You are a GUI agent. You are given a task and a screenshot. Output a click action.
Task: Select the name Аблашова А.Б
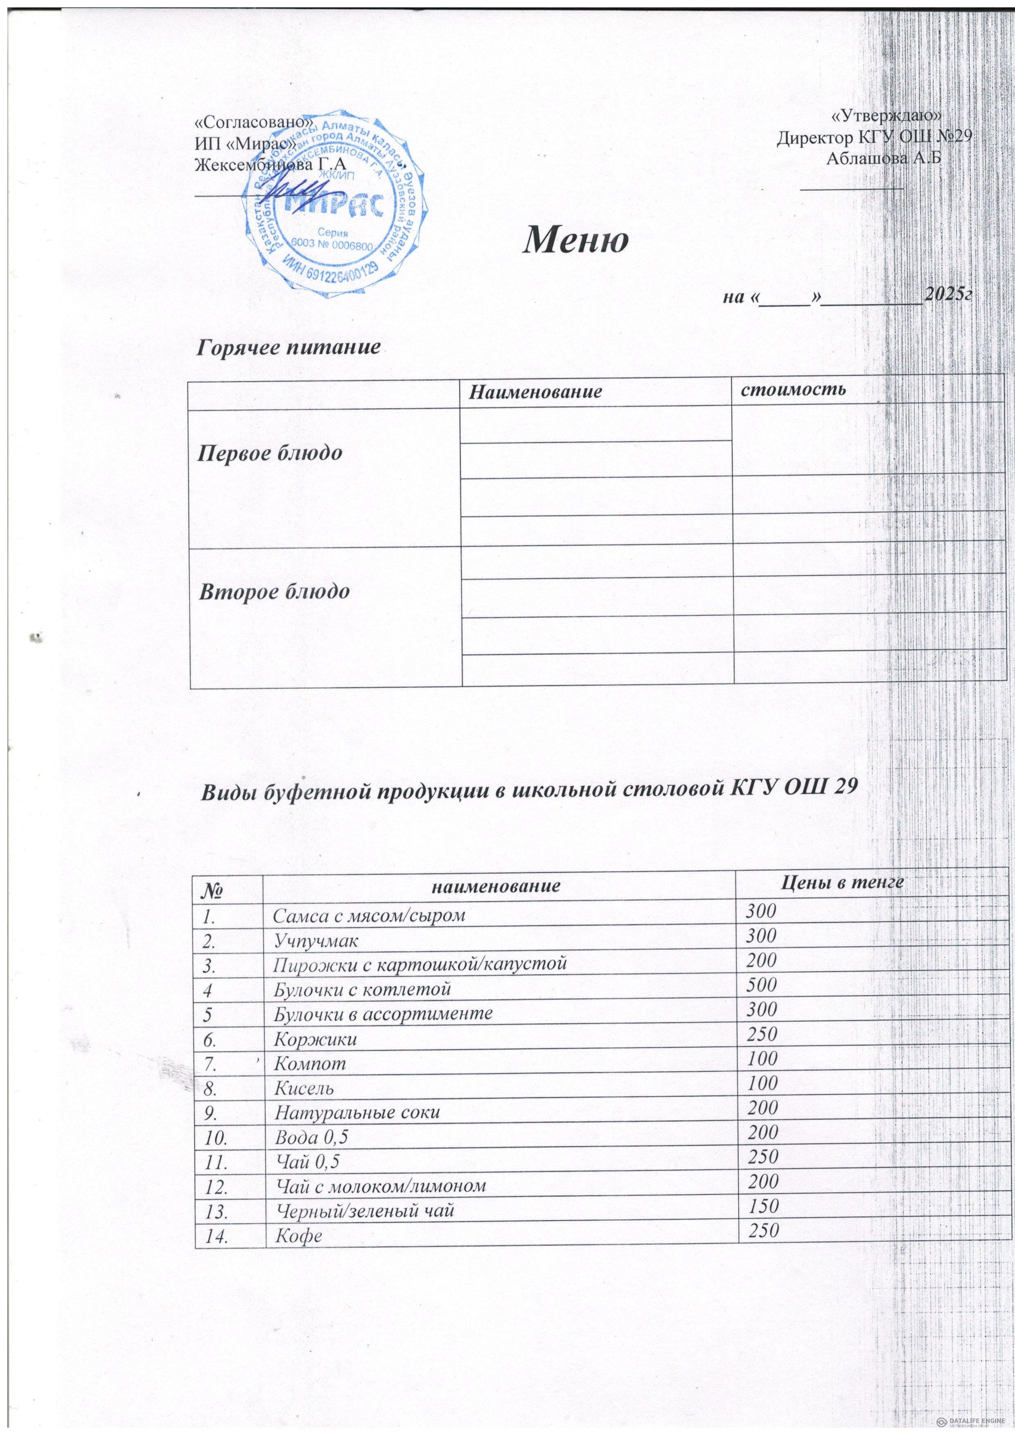pyautogui.click(x=884, y=159)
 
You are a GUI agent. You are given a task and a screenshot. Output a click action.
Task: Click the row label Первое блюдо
pyautogui.click(x=270, y=454)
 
